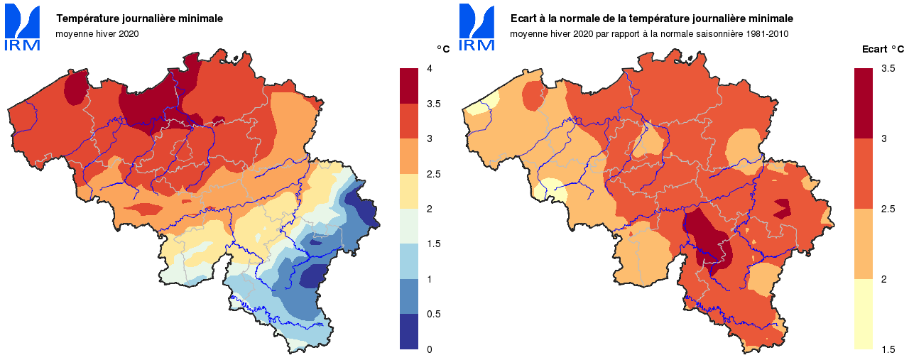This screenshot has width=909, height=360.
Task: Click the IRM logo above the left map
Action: click(x=23, y=28)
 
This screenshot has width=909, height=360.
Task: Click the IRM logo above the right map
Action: click(x=477, y=28)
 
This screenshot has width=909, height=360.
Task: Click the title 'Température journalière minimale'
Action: click(x=140, y=18)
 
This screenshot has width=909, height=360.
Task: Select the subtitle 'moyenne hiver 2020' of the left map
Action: click(x=97, y=33)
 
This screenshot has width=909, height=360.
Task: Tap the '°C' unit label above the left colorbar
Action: click(x=443, y=49)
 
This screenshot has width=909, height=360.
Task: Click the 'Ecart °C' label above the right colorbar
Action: click(x=883, y=49)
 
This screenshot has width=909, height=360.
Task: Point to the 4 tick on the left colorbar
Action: click(x=429, y=69)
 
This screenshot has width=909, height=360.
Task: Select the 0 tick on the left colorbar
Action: click(x=429, y=349)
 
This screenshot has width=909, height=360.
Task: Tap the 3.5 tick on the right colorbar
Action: click(x=888, y=69)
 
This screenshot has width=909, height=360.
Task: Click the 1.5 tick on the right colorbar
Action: click(x=888, y=349)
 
